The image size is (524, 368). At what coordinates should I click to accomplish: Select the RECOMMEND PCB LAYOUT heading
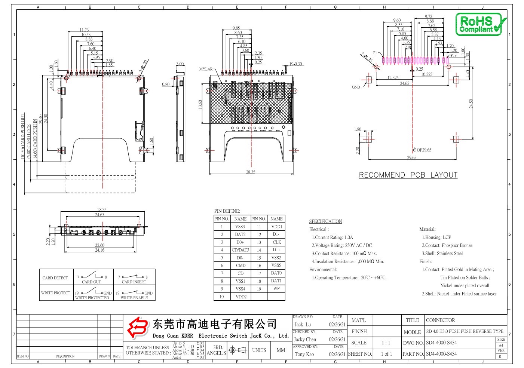408,175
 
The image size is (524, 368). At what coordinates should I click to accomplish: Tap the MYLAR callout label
206,69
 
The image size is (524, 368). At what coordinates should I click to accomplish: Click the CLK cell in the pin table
276,242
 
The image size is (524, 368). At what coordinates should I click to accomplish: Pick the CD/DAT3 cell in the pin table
240,250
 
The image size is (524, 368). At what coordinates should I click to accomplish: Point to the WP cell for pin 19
276,289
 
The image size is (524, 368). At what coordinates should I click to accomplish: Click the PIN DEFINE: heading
227,211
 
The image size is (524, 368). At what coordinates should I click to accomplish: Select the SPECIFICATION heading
325,221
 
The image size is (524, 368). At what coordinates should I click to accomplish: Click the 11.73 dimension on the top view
84,30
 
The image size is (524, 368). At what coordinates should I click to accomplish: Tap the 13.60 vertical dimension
200,104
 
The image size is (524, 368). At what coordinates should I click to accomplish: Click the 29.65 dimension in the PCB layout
411,157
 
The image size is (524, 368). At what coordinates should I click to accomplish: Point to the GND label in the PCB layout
356,87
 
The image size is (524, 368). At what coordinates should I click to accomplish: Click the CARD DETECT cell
55,278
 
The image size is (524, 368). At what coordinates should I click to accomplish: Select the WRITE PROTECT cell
55,293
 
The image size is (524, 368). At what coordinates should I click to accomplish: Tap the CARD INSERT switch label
134,282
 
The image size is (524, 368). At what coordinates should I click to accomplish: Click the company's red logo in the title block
137,328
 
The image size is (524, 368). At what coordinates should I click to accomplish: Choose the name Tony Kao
304,354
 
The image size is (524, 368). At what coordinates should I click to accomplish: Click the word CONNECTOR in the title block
440,320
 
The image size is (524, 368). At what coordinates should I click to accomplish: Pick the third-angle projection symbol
238,350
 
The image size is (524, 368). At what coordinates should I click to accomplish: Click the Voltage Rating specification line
342,245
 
